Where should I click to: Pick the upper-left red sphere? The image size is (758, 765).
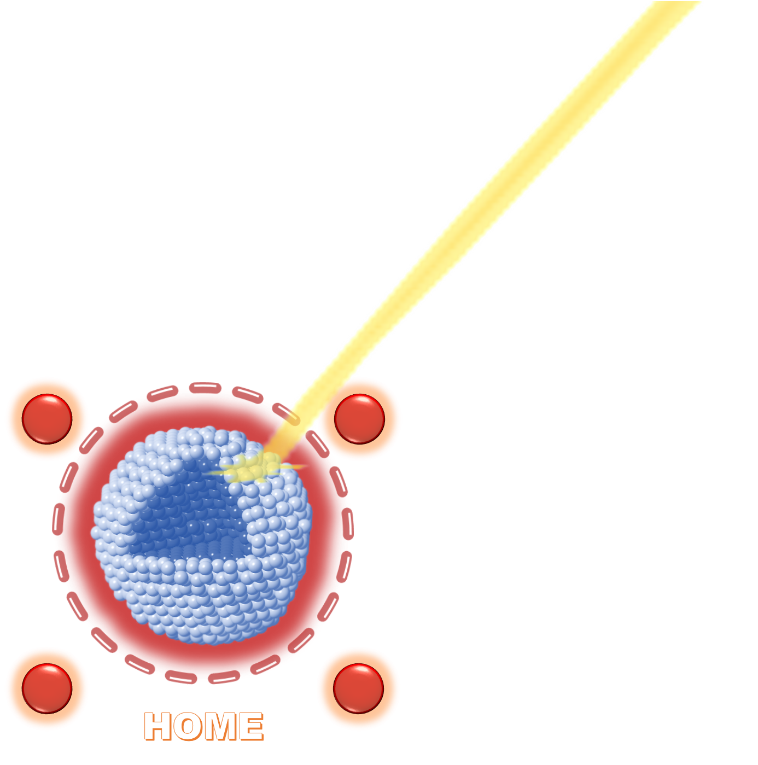pyautogui.click(x=47, y=419)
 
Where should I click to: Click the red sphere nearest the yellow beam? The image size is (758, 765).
pyautogui.click(x=359, y=419)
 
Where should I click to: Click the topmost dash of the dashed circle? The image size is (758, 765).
pyautogui.click(x=205, y=387)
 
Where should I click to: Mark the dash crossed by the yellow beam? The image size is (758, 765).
pyautogui.click(x=286, y=414)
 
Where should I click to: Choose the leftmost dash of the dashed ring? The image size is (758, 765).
pyautogui.click(x=59, y=519)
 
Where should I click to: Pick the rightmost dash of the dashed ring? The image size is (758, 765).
pyautogui.click(x=347, y=524)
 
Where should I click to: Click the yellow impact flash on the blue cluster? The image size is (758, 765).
pyautogui.click(x=254, y=468)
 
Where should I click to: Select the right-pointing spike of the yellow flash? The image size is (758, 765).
pyautogui.click(x=294, y=466)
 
